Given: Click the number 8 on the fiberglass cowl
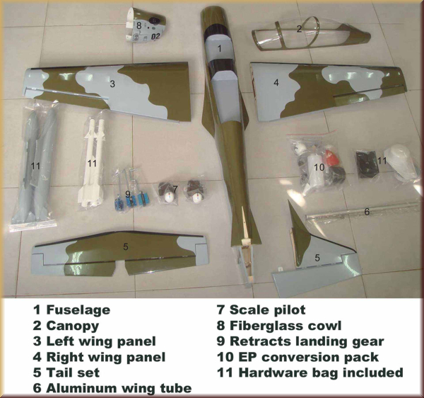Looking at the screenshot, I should (x=139, y=26).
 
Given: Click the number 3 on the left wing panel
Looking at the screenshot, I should (x=112, y=84).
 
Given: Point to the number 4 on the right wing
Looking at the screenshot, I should (x=276, y=83).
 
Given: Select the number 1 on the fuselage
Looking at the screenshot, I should (x=220, y=49).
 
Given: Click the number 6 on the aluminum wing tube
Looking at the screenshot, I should (x=367, y=210).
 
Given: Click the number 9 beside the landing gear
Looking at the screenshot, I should (x=128, y=193).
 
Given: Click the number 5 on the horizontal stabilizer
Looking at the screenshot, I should (x=125, y=246).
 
